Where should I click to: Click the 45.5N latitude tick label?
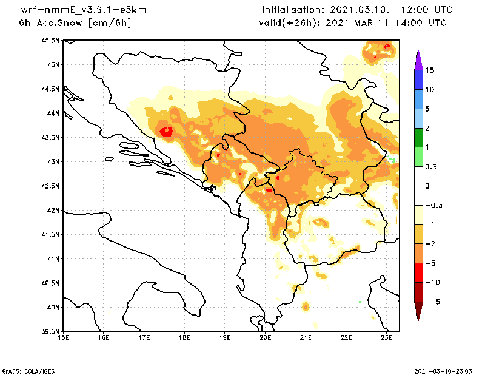click(x=51, y=41)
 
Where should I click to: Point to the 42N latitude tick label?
click(x=53, y=211)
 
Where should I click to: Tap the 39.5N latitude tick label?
click(x=51, y=332)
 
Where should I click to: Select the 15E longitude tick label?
click(x=62, y=339)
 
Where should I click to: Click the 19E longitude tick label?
click(x=225, y=339)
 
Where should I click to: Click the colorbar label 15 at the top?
click(x=430, y=70)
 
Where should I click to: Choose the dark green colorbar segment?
click(x=418, y=138)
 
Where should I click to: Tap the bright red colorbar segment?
click(x=418, y=272)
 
